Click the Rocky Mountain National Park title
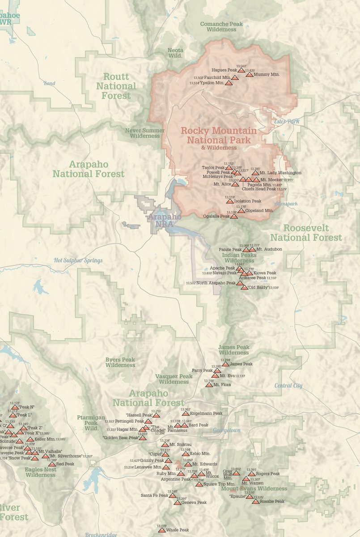[x=219, y=135]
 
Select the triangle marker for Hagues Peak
[x=241, y=70]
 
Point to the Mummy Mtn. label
[x=267, y=75]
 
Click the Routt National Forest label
[x=116, y=86]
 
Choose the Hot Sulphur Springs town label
[x=78, y=260]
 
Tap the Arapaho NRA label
[x=165, y=220]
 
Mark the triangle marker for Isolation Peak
[x=229, y=201]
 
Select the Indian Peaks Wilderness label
[x=239, y=258]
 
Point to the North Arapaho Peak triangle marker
[x=240, y=283]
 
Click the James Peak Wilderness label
[x=234, y=350]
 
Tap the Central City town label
[x=288, y=385]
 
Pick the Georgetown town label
[x=227, y=430]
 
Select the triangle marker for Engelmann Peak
[x=185, y=413]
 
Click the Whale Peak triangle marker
[x=161, y=530]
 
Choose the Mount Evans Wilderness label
[x=254, y=489]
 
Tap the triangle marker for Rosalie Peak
[x=255, y=502]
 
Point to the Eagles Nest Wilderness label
[x=40, y=472]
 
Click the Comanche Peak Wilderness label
[x=221, y=26]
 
